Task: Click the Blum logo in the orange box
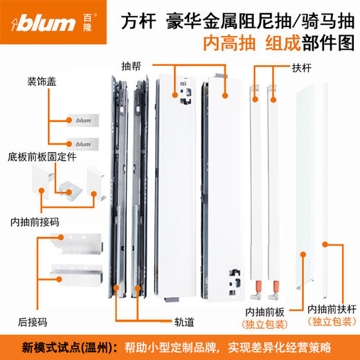(49, 26)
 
